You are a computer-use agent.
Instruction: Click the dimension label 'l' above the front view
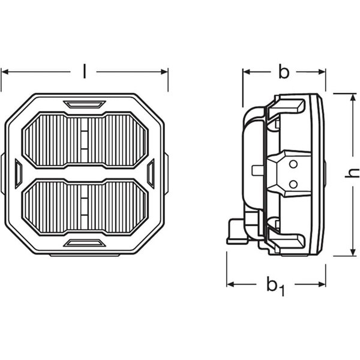pyautogui.click(x=84, y=72)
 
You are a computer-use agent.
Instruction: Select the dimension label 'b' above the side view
pyautogui.click(x=284, y=72)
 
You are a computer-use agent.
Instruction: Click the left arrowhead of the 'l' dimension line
pyautogui.click(x=4, y=72)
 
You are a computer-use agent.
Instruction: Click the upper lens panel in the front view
pyautogui.click(x=85, y=139)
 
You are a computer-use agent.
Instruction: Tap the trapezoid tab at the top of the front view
pyautogui.click(x=85, y=104)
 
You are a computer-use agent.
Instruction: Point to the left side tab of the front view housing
pyautogui.click(x=18, y=173)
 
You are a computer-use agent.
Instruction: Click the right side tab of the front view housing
pyautogui.click(x=151, y=173)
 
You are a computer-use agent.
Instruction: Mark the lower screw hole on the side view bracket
pyautogui.click(x=293, y=183)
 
